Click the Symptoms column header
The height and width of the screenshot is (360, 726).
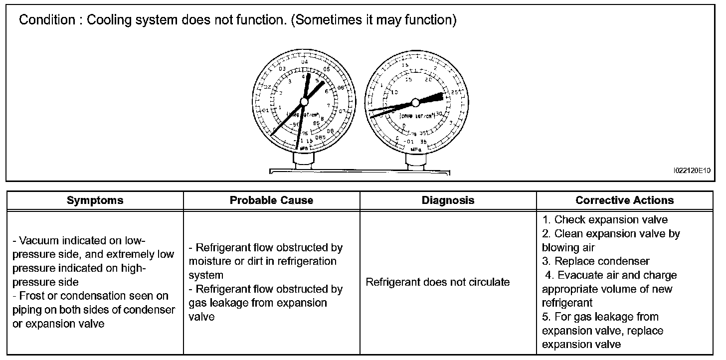click(x=95, y=200)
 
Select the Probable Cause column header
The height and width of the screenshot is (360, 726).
click(x=271, y=200)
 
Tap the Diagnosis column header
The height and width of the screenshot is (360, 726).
click(x=448, y=200)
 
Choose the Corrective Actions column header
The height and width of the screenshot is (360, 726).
click(x=624, y=200)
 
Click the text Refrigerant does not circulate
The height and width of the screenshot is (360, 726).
click(x=438, y=282)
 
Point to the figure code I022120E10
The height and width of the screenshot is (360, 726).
click(x=691, y=171)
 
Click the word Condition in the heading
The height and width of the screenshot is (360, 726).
click(x=46, y=21)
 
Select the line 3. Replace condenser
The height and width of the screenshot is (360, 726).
click(x=596, y=261)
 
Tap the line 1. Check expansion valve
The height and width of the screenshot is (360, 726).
click(x=605, y=219)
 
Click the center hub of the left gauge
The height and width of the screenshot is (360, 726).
click(x=303, y=102)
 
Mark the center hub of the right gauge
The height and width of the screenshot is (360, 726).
click(x=415, y=103)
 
